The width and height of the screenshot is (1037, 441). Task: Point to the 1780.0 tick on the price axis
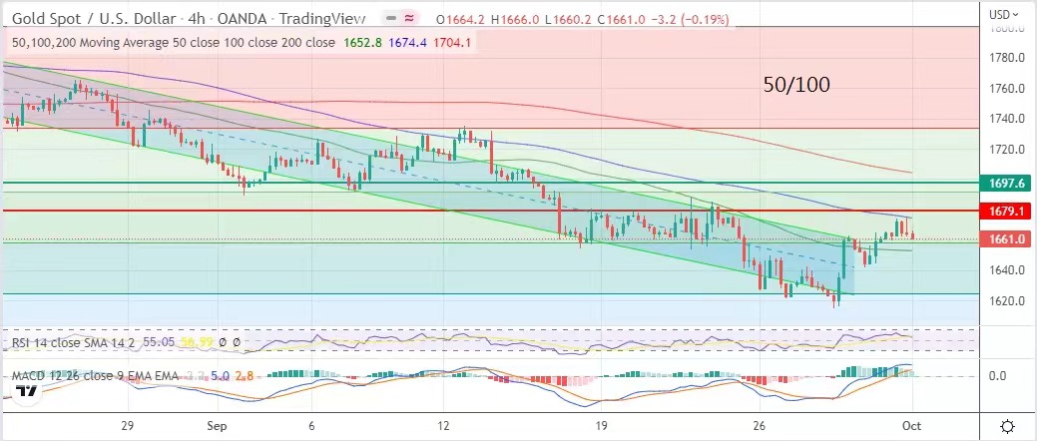(1002, 28)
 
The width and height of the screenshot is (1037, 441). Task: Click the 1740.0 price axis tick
(1002, 119)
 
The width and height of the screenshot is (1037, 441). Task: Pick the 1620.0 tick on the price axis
(1002, 300)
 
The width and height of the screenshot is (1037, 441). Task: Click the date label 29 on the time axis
(128, 422)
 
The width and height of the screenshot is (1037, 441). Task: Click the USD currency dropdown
(1003, 14)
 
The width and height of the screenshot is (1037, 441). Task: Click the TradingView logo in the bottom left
(29, 391)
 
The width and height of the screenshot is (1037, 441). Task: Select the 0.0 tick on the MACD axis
(998, 375)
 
